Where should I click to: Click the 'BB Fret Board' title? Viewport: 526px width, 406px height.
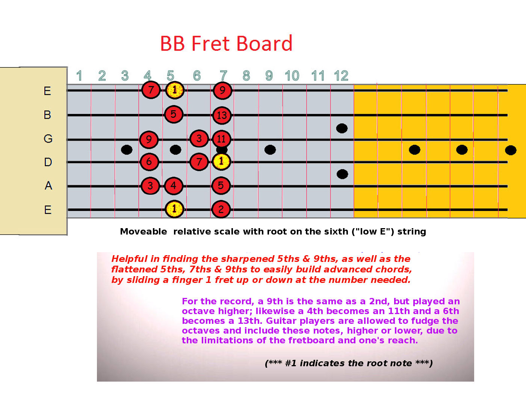click(226, 43)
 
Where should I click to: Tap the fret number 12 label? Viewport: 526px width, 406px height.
click(341, 76)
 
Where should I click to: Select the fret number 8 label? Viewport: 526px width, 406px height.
click(246, 76)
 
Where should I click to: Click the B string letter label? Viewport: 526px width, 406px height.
click(47, 114)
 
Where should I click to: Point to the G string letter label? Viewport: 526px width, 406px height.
click(48, 139)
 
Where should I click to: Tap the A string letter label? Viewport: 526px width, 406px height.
click(48, 186)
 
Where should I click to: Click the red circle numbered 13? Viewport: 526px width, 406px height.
click(222, 115)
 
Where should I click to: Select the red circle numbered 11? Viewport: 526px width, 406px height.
click(221, 139)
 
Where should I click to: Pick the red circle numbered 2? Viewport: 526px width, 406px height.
click(221, 209)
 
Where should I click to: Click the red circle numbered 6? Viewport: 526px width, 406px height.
click(149, 161)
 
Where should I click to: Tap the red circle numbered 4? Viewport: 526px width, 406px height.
click(174, 186)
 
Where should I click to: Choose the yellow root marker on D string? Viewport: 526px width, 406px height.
click(221, 161)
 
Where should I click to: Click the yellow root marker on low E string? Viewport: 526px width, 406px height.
click(174, 209)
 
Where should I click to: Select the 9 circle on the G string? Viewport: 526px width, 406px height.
click(149, 140)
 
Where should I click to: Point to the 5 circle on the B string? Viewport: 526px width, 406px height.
click(174, 114)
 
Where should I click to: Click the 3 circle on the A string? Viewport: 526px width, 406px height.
click(150, 186)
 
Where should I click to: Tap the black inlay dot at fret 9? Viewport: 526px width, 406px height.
click(270, 150)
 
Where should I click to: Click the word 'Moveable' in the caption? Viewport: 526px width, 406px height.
click(143, 232)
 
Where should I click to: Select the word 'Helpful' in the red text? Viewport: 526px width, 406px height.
click(129, 259)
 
